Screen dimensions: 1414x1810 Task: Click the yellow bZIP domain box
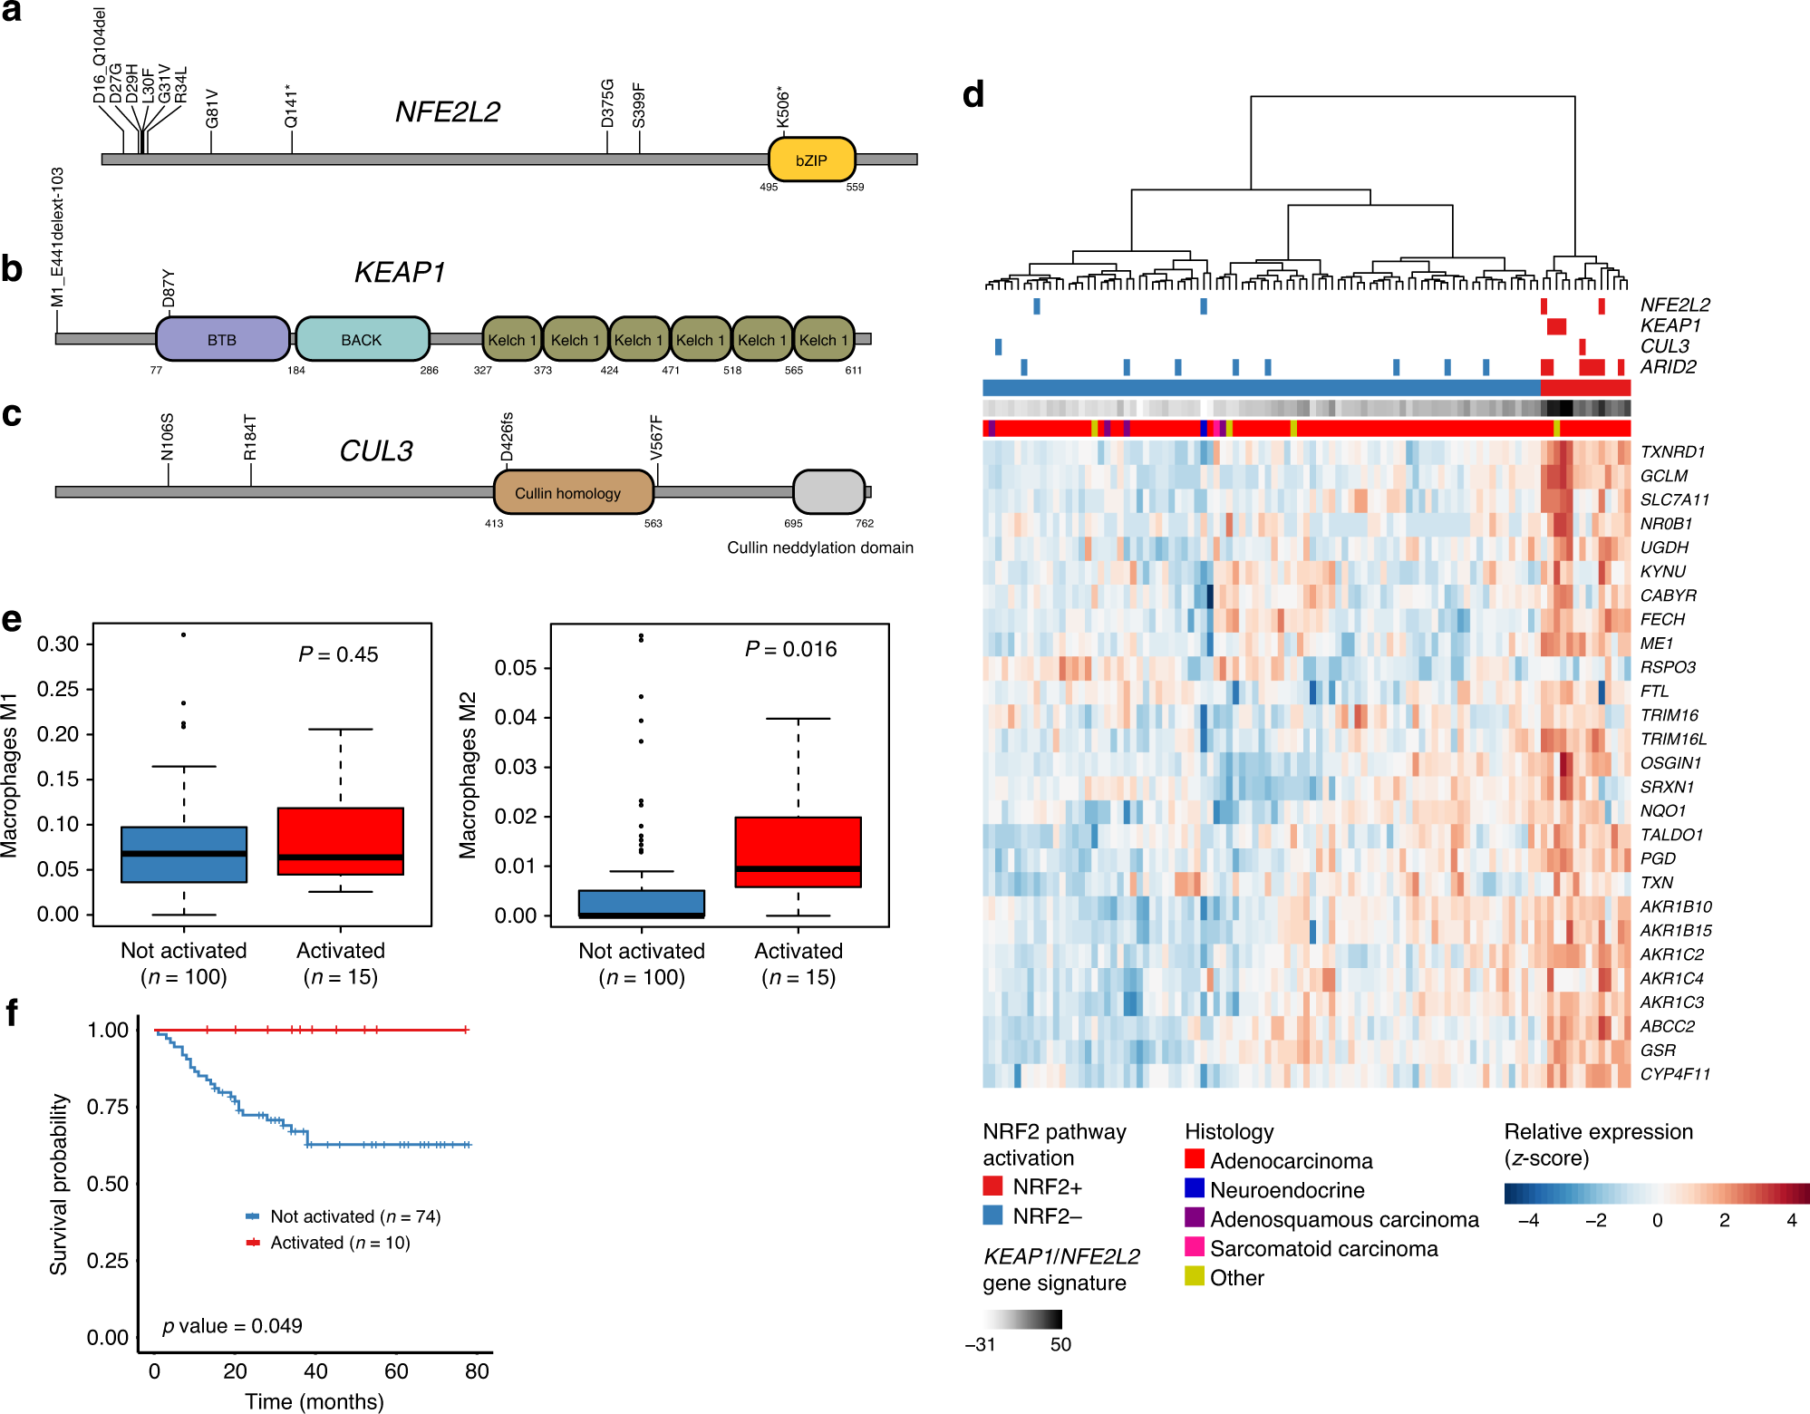(x=811, y=160)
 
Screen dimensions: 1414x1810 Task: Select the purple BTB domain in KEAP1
(x=222, y=340)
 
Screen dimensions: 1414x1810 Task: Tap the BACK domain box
(x=362, y=340)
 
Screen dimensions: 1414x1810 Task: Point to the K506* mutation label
(x=783, y=108)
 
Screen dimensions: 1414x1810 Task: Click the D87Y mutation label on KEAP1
(x=169, y=288)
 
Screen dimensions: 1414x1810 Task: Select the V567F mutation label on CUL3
(x=656, y=436)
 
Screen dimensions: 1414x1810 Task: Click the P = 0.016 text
(x=790, y=649)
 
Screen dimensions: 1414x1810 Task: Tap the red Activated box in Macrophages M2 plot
(x=798, y=851)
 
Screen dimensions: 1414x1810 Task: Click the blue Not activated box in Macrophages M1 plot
(x=184, y=854)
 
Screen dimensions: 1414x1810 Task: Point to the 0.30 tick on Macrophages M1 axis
(x=58, y=644)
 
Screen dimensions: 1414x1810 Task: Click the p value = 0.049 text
(x=232, y=1326)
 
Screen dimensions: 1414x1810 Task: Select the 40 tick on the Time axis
(x=315, y=1371)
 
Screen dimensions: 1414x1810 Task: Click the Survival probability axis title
(x=59, y=1184)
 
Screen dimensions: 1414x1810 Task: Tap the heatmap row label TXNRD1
(x=1672, y=451)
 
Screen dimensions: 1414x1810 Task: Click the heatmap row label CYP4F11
(x=1675, y=1074)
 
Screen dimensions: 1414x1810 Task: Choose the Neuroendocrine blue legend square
(x=1195, y=1188)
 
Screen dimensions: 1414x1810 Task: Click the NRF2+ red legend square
(x=992, y=1186)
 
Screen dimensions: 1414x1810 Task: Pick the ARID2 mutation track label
(x=1668, y=367)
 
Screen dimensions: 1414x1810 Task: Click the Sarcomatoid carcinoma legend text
(x=1323, y=1249)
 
